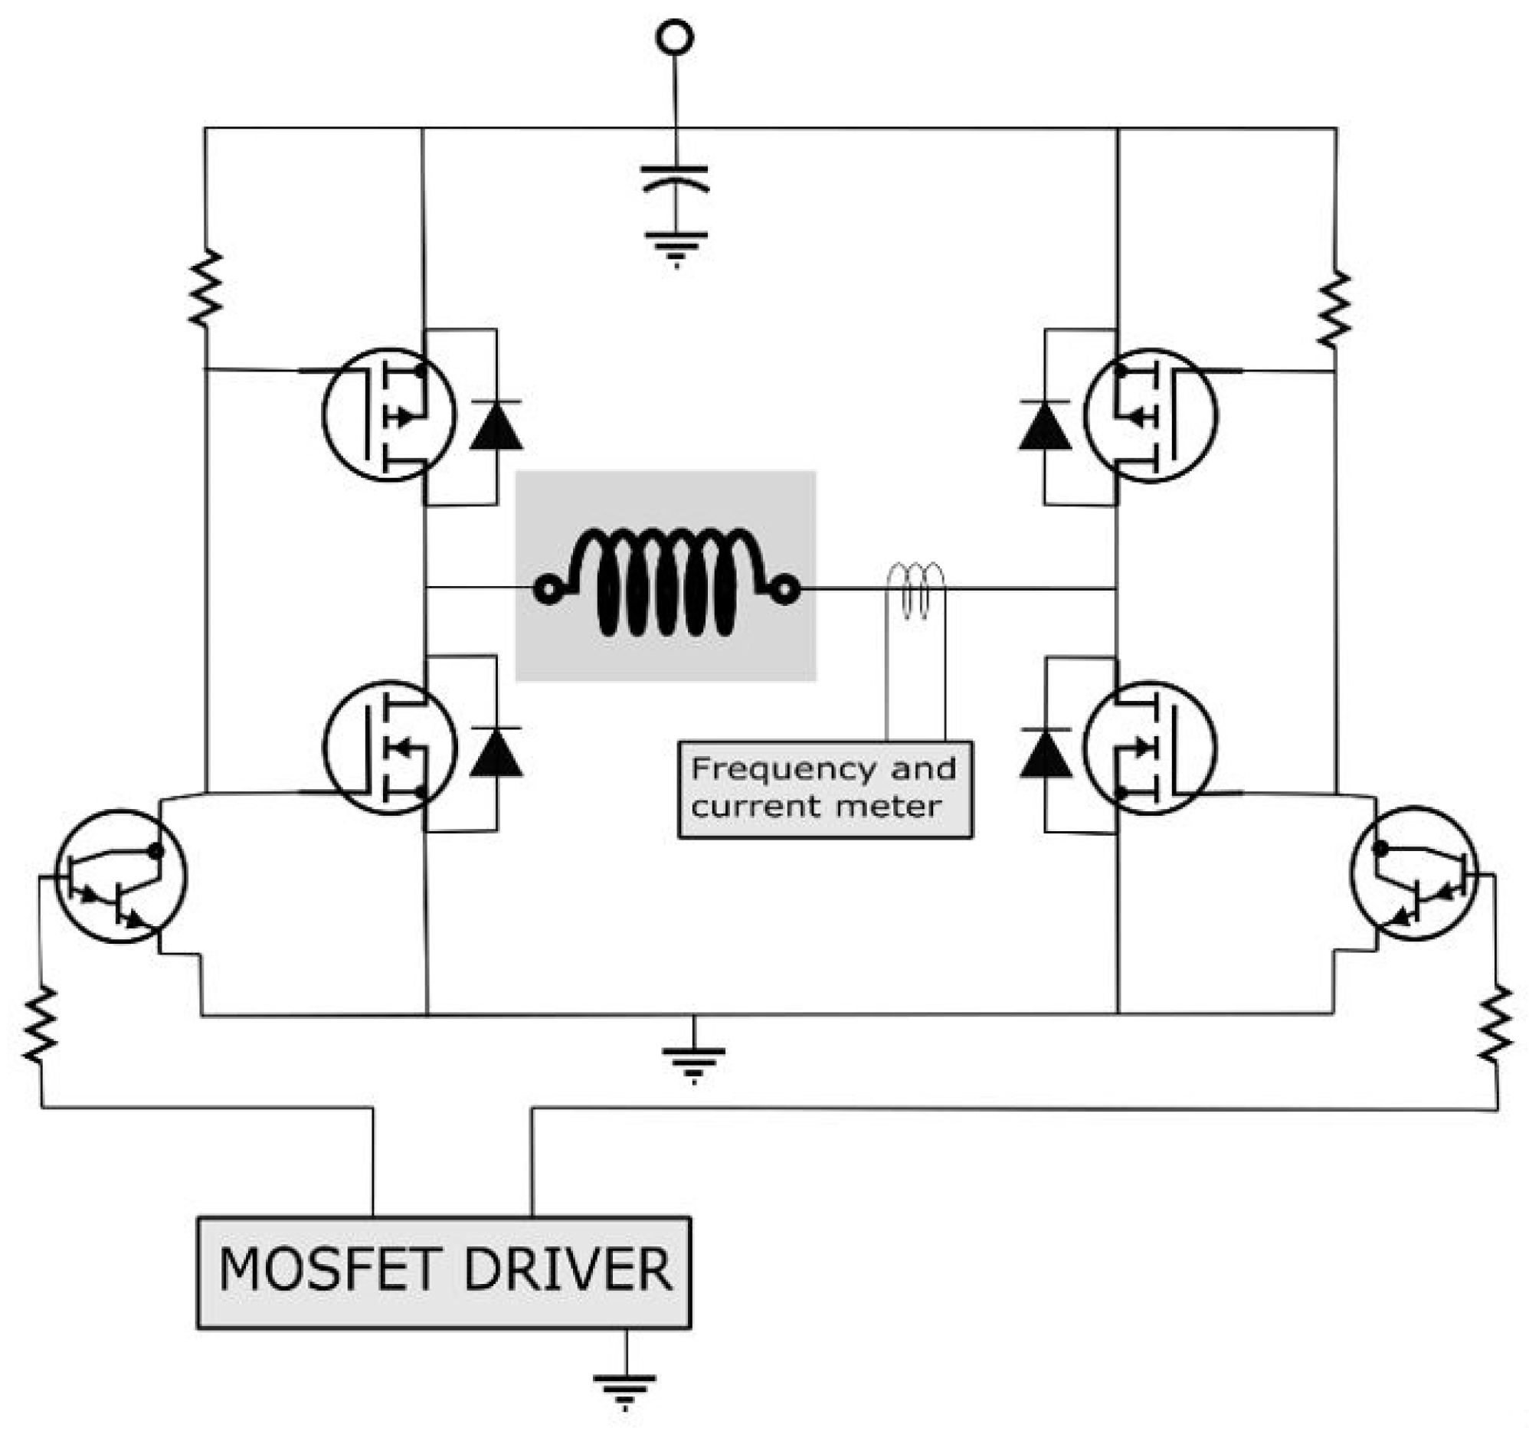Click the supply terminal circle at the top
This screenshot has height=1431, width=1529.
pos(675,37)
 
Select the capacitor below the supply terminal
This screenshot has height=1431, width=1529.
pos(675,178)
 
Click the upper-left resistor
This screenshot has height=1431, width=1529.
pos(205,287)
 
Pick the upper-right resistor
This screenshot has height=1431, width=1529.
pos(1334,309)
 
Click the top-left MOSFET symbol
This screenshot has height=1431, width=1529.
pos(389,415)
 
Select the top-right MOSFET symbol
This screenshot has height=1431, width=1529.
pos(1151,415)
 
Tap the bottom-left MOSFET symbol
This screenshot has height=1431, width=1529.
pos(389,747)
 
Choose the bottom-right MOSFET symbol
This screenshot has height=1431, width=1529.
pos(1151,747)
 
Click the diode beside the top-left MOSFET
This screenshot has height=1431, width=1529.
pos(496,424)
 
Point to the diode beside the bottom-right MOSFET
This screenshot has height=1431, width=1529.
pos(1046,754)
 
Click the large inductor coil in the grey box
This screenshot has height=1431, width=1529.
pos(666,582)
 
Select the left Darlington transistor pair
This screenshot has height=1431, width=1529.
pos(122,876)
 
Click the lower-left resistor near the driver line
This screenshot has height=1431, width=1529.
pos(40,1025)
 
